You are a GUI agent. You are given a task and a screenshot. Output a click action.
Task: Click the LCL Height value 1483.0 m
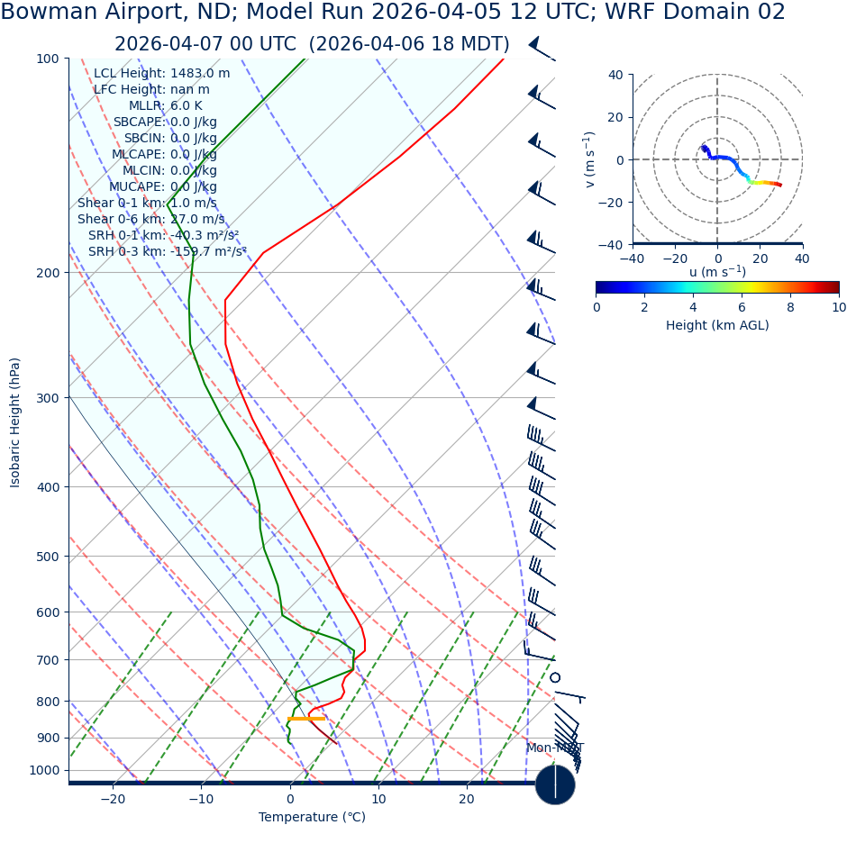click(200, 73)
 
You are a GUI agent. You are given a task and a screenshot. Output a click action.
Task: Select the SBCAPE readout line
click(165, 122)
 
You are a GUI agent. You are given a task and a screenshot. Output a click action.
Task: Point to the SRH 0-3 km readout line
click(167, 251)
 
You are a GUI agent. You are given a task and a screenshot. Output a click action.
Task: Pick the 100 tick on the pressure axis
click(47, 59)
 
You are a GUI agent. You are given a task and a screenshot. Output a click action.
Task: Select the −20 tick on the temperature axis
click(113, 799)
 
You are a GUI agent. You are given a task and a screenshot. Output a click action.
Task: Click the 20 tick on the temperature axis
click(467, 799)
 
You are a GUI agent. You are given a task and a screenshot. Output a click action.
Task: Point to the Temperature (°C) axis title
click(312, 817)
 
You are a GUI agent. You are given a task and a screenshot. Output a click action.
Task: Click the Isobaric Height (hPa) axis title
click(15, 422)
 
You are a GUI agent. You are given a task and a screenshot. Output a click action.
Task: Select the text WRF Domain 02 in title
click(694, 13)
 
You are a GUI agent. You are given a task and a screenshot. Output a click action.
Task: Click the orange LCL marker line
click(306, 718)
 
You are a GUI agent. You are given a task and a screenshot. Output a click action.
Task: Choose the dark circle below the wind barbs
click(555, 784)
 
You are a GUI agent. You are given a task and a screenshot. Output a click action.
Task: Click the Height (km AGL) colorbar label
click(717, 325)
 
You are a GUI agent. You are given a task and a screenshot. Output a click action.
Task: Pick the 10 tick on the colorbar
click(839, 307)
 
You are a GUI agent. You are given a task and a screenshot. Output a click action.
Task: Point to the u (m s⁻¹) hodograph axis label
click(717, 272)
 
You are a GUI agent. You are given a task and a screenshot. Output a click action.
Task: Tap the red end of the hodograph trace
click(779, 185)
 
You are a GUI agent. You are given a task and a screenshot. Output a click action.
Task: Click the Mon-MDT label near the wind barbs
click(555, 748)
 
